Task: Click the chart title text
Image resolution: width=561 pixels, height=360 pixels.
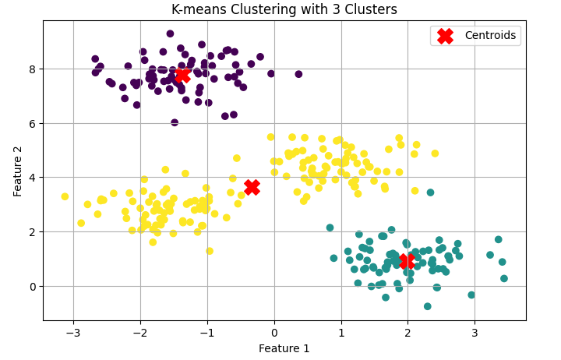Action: tap(284, 9)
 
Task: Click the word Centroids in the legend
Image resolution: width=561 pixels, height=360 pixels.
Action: tap(491, 35)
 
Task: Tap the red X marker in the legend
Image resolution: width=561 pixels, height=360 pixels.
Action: tap(445, 36)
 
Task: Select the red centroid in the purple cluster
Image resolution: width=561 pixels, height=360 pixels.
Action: tap(182, 76)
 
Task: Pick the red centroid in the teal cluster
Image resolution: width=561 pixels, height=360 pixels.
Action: tap(406, 261)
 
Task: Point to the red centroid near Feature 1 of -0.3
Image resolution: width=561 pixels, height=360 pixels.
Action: tap(252, 187)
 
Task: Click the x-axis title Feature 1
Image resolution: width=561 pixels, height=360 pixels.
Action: tap(284, 348)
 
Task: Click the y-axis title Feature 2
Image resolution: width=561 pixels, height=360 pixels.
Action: tap(18, 170)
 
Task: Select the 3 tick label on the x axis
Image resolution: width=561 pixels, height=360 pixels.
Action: tap(475, 331)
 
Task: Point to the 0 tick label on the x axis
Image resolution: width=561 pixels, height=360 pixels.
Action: tap(274, 331)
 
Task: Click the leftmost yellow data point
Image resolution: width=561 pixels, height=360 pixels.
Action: tap(65, 196)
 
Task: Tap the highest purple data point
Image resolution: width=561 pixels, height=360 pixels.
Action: tap(170, 34)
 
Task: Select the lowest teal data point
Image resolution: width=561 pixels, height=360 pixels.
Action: tap(428, 306)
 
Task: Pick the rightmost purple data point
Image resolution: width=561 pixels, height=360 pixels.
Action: tap(298, 74)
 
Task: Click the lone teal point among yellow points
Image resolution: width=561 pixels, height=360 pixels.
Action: tap(430, 192)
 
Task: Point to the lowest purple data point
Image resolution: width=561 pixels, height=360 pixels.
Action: tap(175, 122)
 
